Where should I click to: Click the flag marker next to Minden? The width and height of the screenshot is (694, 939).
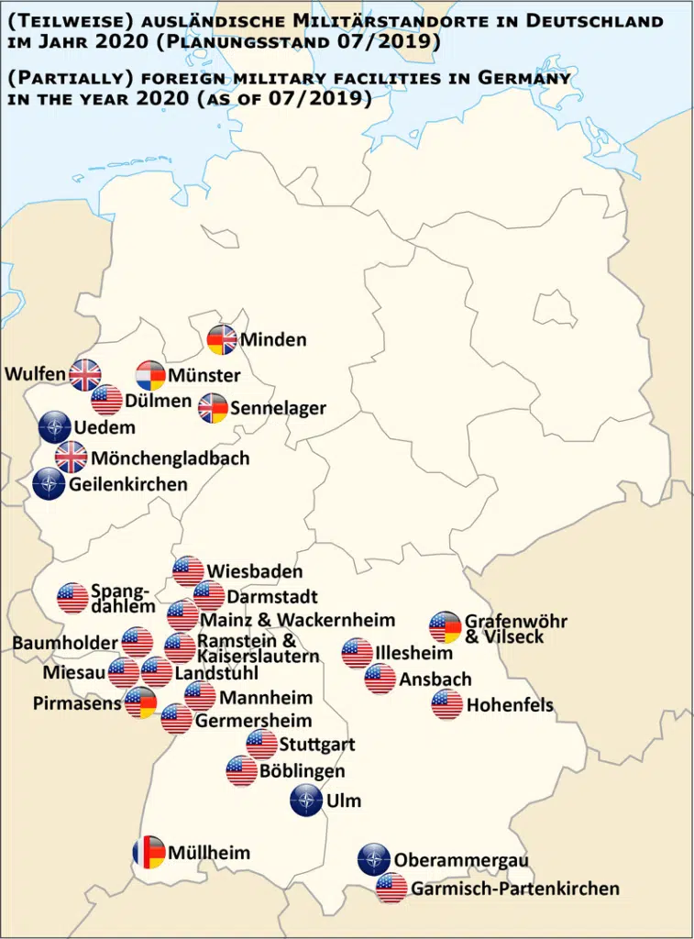223,340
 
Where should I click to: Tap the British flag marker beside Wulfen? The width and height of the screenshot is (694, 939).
85,373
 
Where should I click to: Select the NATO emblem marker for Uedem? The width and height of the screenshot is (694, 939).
54,427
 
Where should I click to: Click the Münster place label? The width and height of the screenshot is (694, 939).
204,375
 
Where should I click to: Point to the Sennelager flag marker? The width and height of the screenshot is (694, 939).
214,409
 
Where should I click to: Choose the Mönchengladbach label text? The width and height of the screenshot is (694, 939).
171,458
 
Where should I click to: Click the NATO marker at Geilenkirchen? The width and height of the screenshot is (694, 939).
49,484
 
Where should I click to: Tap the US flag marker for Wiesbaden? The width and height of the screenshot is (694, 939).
188,571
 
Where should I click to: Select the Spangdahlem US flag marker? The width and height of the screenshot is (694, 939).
72,598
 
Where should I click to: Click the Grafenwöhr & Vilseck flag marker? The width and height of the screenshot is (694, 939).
446,627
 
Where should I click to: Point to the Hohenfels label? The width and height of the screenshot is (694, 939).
510,706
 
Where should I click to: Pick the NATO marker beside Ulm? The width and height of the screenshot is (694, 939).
305,801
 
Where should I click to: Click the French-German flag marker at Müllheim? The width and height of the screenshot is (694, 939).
149,853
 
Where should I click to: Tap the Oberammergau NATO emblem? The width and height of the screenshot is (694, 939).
374,860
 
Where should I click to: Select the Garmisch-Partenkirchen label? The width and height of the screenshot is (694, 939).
514,889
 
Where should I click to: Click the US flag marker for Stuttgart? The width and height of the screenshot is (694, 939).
261,745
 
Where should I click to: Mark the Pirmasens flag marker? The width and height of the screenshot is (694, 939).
141,702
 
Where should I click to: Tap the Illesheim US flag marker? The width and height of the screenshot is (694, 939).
358,654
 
